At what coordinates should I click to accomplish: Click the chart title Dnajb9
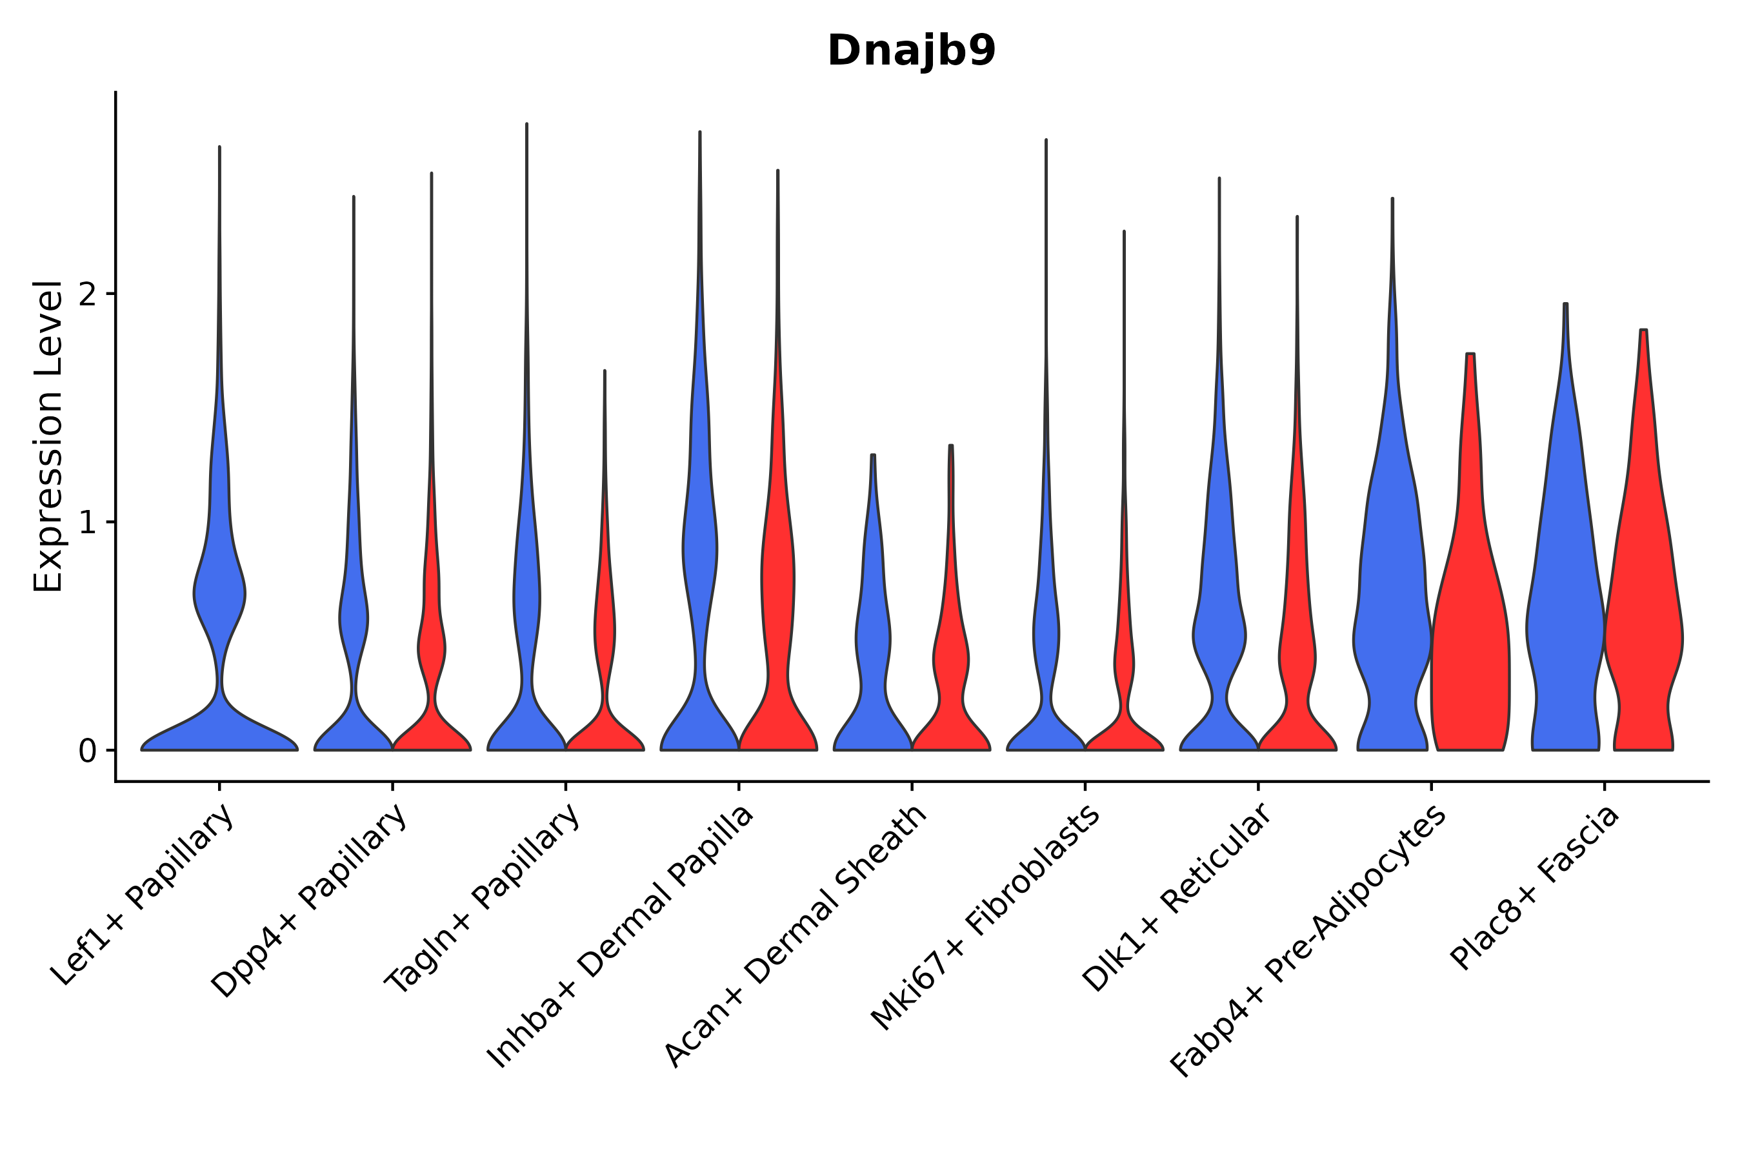point(911,51)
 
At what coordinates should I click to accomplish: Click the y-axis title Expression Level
point(48,436)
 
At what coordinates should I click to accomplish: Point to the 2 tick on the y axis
point(87,295)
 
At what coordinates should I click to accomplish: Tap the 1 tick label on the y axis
point(87,523)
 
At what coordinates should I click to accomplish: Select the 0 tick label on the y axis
point(87,751)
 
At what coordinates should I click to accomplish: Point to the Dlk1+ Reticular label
point(1177,897)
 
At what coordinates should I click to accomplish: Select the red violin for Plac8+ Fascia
point(1642,630)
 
